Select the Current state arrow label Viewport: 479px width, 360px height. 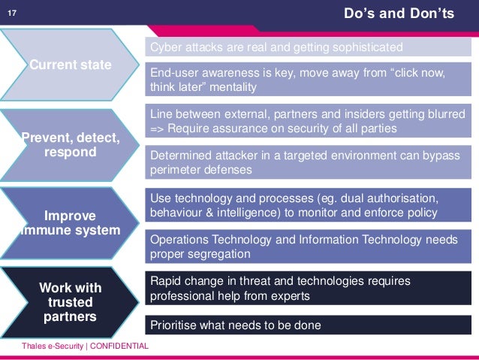(x=71, y=65)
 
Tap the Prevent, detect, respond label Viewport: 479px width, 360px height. (x=70, y=145)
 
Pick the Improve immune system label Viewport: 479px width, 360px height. (x=70, y=222)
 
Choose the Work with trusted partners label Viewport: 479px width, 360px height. (x=70, y=302)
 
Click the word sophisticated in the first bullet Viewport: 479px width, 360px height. (x=365, y=47)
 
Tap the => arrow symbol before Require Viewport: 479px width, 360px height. (x=159, y=129)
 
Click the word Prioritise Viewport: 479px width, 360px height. (x=174, y=325)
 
